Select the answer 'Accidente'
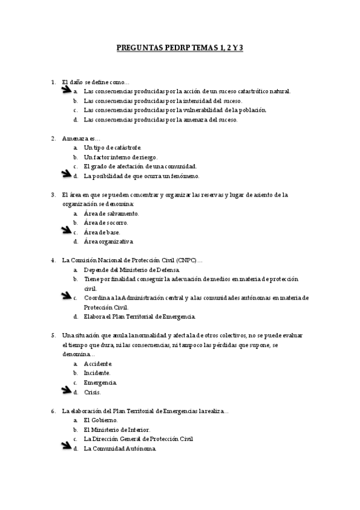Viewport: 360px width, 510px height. pyautogui.click(x=98, y=364)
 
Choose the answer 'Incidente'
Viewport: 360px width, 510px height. pyautogui.click(x=97, y=373)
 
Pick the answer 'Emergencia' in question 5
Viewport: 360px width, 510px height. pyautogui.click(x=100, y=382)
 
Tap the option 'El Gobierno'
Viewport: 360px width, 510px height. pyautogui.click(x=100, y=420)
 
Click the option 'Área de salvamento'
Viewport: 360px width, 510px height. pyautogui.click(x=112, y=214)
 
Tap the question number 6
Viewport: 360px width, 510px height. pyautogui.click(x=53, y=411)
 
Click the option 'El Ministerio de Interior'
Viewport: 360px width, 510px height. pyautogui.click(x=117, y=429)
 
